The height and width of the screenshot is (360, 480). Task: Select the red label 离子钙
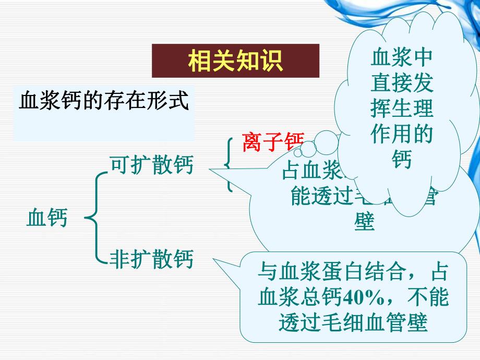click(x=272, y=142)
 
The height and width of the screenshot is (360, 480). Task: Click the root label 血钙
click(x=47, y=218)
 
